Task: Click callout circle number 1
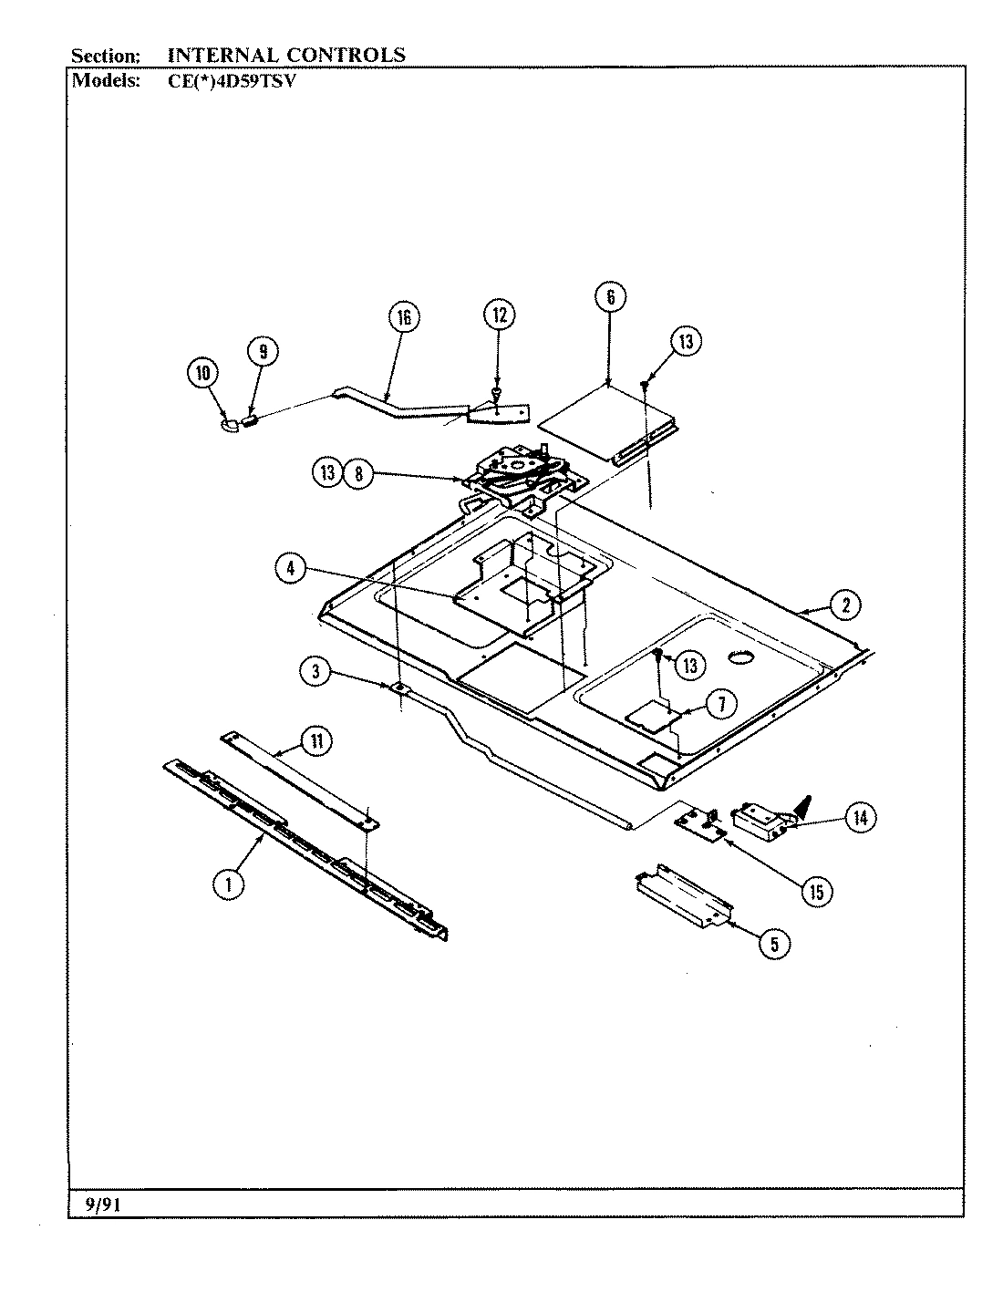pos(229,884)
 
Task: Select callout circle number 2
pos(845,604)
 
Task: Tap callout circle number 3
pos(315,672)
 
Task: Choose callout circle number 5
pos(774,945)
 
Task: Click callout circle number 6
pos(610,296)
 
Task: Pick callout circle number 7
pos(720,704)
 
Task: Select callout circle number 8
pos(358,473)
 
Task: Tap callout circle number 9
pos(263,352)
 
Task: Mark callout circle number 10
pos(203,373)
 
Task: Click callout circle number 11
pos(315,741)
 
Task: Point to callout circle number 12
pos(498,315)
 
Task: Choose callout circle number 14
pos(859,818)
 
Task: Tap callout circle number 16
pos(403,317)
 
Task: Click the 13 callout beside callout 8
pos(329,473)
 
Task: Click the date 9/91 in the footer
pos(103,1204)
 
